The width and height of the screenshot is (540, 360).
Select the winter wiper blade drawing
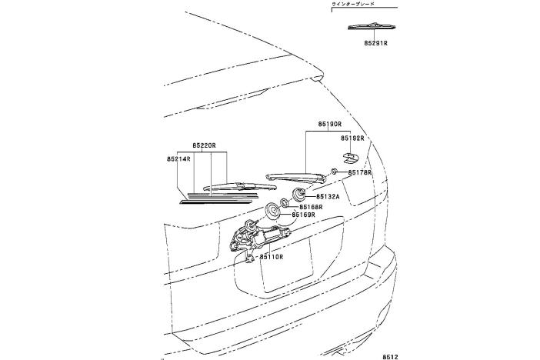click(372, 27)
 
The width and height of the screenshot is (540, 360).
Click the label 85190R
click(328, 124)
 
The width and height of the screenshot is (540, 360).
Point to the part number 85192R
click(352, 138)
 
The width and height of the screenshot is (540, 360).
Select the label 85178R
click(359, 173)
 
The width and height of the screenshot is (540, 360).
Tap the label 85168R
click(311, 207)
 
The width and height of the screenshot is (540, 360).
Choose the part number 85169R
click(304, 216)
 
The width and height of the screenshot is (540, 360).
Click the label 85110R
click(272, 256)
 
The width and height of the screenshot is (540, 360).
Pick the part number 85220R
click(204, 145)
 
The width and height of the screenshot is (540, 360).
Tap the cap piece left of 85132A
click(299, 192)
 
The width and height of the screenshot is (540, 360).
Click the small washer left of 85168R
click(284, 202)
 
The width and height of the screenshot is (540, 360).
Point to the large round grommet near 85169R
click(272, 210)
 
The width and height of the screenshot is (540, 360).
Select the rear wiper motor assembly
click(260, 235)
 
